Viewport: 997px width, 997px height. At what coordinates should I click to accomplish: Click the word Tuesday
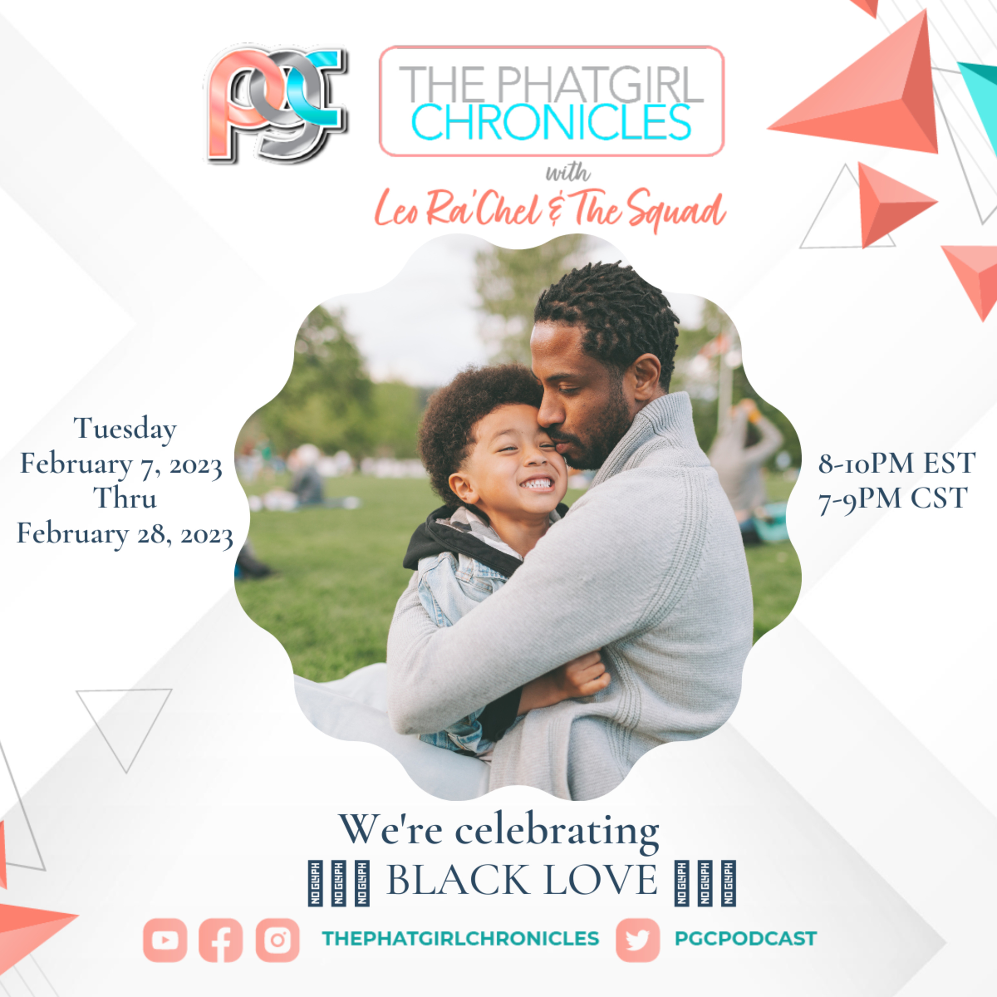click(125, 429)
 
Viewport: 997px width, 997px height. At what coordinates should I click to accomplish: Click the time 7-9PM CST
click(893, 498)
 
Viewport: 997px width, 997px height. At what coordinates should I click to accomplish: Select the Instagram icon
click(277, 940)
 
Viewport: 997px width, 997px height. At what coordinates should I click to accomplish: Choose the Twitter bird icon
click(638, 940)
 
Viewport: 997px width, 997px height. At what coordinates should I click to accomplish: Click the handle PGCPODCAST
click(746, 938)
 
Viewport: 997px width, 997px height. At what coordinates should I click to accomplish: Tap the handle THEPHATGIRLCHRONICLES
click(460, 938)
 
